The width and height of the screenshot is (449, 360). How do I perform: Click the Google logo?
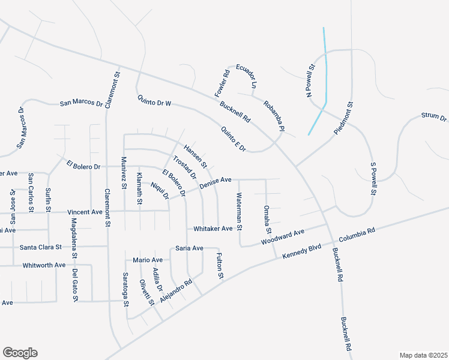coord(20,353)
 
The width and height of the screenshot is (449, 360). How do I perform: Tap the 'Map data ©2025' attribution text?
coord(423,355)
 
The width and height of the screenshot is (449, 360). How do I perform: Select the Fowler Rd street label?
coord(223,85)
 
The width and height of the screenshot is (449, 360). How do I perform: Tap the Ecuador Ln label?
coord(246,76)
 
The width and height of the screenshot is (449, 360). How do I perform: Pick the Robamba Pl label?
coord(273,115)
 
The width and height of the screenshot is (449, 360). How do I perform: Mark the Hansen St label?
coord(195,157)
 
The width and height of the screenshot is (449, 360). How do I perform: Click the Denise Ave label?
coord(215,182)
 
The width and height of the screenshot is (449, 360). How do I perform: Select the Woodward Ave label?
coord(283,237)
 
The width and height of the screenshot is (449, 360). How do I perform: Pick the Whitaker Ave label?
coord(212,229)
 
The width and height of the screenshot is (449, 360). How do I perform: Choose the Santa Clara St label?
coord(41,247)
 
